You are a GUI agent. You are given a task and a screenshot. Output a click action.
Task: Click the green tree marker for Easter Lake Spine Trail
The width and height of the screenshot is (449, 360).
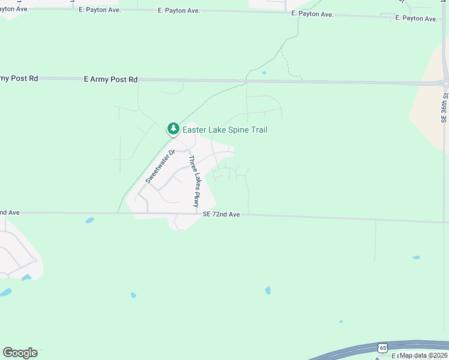173,128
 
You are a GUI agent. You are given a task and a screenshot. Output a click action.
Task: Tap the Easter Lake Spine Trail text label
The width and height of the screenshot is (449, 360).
224,130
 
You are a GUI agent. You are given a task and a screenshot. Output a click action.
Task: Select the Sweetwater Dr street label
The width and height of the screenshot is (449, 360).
160,166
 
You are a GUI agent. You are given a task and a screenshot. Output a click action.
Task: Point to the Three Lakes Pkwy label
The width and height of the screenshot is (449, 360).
193,182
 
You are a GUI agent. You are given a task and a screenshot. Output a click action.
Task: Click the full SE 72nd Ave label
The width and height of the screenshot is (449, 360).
221,214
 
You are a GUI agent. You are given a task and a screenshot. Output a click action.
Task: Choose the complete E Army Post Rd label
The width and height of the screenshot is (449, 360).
111,79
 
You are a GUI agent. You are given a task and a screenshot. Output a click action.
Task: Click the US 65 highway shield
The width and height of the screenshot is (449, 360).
383,347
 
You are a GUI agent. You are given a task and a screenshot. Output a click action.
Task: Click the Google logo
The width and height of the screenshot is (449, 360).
20,353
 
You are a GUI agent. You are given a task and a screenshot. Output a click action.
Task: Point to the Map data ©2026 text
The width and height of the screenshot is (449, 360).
423,355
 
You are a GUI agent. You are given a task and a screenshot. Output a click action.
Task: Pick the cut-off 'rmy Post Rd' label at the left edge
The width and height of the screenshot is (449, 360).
19,78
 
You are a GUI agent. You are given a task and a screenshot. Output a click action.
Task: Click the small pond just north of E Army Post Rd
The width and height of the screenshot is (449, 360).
264,73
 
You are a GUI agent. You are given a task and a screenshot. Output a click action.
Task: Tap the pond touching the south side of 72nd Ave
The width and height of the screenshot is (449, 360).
89,220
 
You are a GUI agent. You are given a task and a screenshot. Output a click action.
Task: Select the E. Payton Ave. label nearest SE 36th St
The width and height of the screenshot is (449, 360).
416,19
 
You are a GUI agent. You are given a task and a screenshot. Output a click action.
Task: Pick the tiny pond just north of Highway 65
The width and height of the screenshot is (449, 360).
341,321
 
